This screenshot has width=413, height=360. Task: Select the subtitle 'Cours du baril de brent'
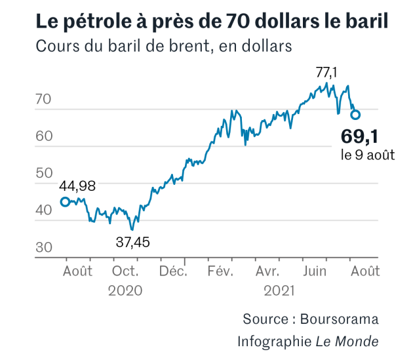[x=164, y=47]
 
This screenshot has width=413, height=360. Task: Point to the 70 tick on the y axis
[x=43, y=100]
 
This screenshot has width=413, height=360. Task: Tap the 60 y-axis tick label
[x=43, y=137]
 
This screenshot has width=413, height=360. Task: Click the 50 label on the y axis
[x=43, y=174]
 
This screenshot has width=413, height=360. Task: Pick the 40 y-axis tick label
[x=43, y=210]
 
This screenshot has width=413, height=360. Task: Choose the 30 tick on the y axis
[x=43, y=247]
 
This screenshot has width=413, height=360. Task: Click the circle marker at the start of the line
[x=65, y=202]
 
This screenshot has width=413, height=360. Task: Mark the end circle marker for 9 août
[x=355, y=115]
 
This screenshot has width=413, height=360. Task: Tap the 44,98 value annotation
[x=77, y=186]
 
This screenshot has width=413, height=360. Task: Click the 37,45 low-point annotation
[x=132, y=241]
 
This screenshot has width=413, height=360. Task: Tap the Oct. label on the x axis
[x=125, y=270]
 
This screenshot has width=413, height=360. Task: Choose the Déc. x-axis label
[x=174, y=270]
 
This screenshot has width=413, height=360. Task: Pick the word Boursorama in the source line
[x=340, y=319]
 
